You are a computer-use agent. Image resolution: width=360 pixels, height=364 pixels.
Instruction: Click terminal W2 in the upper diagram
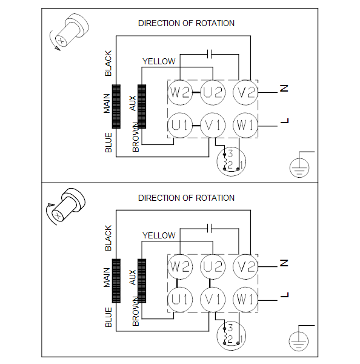tap(180, 92)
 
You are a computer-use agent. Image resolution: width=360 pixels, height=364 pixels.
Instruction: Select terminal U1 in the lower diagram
tap(180, 299)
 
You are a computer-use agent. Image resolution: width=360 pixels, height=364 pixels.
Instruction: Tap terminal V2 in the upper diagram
tap(245, 92)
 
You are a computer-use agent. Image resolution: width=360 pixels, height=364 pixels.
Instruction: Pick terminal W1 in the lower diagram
tap(245, 299)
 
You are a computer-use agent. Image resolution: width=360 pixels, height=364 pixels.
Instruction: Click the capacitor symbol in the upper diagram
tap(210, 55)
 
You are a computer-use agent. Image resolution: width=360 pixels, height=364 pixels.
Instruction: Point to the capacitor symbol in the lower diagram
tap(210, 229)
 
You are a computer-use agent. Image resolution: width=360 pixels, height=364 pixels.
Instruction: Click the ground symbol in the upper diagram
tap(299, 167)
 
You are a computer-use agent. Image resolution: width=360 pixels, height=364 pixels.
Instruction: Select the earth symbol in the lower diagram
tap(299, 341)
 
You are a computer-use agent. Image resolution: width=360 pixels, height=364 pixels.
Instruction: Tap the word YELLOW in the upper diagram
tap(159, 61)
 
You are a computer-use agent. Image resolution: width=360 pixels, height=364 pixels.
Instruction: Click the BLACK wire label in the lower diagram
tap(108, 238)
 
